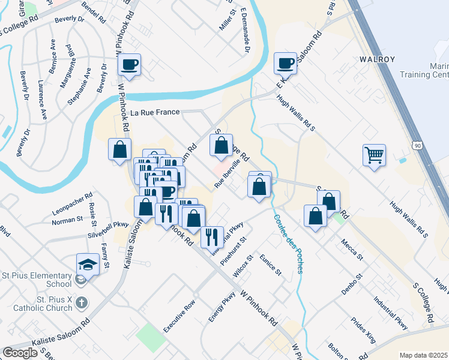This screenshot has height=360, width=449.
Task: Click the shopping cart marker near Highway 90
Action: coord(374,155)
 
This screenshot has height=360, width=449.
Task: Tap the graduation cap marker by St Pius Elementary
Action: coord(87,264)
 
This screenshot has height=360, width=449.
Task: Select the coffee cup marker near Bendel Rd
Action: coord(130,64)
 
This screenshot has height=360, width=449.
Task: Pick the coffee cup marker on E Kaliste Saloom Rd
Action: coord(286,63)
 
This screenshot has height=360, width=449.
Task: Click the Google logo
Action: coord(20,353)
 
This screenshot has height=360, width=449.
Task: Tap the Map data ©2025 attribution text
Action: coord(423,355)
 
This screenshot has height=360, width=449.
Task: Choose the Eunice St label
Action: coord(271,264)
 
